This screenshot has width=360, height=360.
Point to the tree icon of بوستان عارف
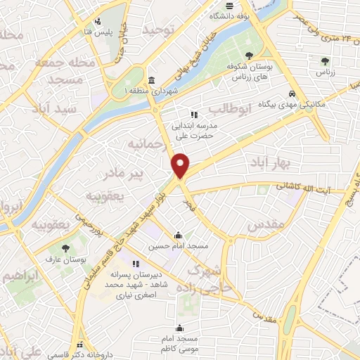coord(65,248)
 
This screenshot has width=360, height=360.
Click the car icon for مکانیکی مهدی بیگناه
coord(292,94)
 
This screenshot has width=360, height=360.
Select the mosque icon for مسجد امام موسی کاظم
coord(181,327)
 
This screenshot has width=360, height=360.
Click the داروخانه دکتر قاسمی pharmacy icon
coord(82,344)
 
